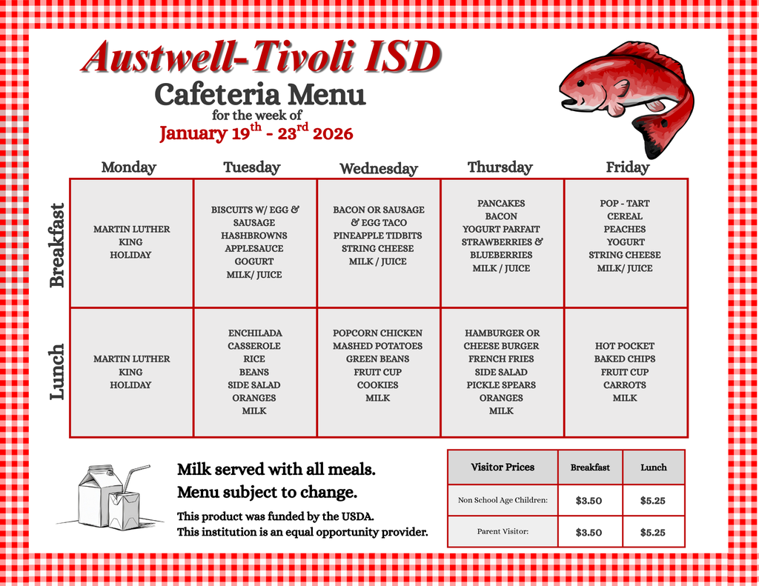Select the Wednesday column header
tap(378, 169)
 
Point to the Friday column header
tap(627, 167)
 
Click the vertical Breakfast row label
tap(57, 244)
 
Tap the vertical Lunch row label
tap(57, 373)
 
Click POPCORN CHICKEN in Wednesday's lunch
tap(377, 333)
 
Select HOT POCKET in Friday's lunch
tap(625, 346)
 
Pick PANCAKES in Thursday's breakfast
tap(501, 203)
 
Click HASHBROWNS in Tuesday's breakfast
tap(254, 236)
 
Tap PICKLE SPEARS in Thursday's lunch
tap(501, 385)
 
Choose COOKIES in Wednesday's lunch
tap(377, 385)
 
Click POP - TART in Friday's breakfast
tap(625, 203)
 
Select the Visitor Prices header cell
tap(503, 467)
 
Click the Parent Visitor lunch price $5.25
tap(652, 532)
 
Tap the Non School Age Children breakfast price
tap(589, 501)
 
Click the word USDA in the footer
tap(358, 516)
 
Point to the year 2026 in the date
tap(333, 134)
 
